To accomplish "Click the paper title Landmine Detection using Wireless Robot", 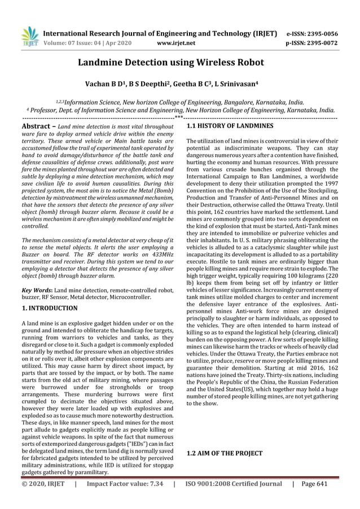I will [179, 63].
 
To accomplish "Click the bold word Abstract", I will [36, 126].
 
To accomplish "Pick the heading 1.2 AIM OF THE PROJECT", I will [224, 453].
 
